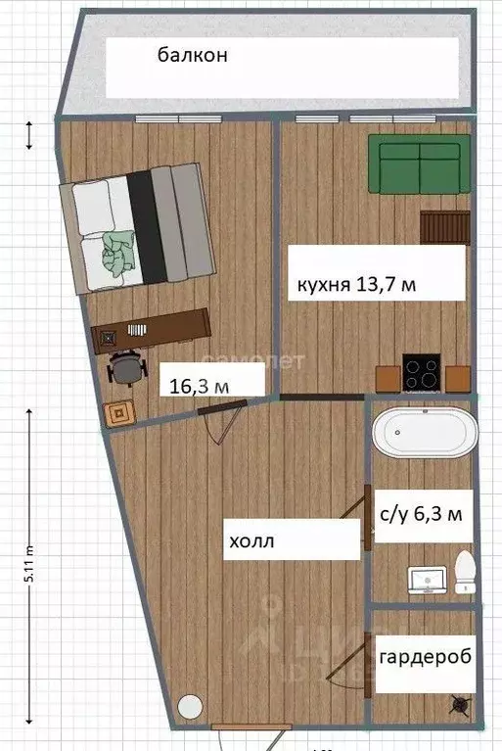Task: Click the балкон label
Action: (193, 56)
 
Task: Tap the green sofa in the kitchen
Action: (414, 163)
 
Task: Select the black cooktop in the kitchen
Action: (422, 374)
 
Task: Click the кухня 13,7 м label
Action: (363, 286)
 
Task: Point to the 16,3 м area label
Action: (200, 386)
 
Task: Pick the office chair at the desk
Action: (125, 367)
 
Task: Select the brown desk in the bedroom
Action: (151, 328)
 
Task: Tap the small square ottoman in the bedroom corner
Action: (120, 413)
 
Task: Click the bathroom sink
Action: (428, 580)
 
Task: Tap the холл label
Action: (252, 540)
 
